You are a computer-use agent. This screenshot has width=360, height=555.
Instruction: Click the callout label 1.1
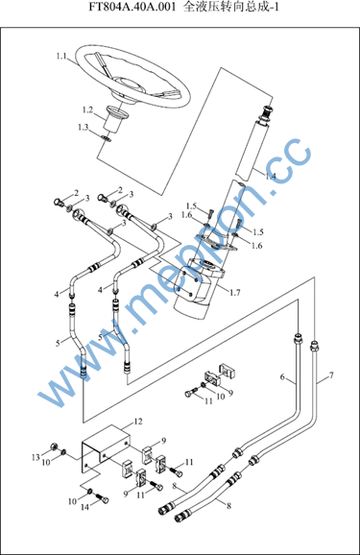pyautogui.click(x=61, y=57)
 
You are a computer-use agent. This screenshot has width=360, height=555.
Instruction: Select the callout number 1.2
pyautogui.click(x=87, y=110)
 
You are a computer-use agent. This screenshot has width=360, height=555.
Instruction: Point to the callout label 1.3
pyautogui.click(x=84, y=127)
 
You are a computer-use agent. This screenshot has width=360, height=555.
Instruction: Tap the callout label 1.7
pyautogui.click(x=234, y=292)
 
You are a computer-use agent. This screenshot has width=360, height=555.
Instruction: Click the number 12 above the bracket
pyautogui.click(x=138, y=422)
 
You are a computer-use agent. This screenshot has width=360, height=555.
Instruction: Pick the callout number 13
pyautogui.click(x=36, y=457)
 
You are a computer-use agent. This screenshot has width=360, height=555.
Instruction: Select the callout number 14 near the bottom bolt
pyautogui.click(x=84, y=507)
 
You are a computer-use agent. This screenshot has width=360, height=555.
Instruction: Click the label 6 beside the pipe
pyautogui.click(x=282, y=377)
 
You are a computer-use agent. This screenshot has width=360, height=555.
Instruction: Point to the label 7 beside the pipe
pyautogui.click(x=331, y=375)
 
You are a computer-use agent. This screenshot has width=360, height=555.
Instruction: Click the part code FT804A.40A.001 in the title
pyautogui.click(x=132, y=7)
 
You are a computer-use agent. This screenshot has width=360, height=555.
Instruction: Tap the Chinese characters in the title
pyautogui.click(x=231, y=7)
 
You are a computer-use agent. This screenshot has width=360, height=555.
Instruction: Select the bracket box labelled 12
pyautogui.click(x=106, y=448)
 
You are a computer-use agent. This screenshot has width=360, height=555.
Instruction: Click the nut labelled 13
pyautogui.click(x=54, y=446)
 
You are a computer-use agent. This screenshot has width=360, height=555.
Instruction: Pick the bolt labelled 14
pyautogui.click(x=102, y=498)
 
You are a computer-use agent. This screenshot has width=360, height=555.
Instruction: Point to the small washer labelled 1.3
pyautogui.click(x=106, y=138)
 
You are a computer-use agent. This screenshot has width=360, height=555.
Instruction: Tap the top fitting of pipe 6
pyautogui.click(x=299, y=338)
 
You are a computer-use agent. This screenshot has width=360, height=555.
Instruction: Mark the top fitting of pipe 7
pyautogui.click(x=314, y=345)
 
